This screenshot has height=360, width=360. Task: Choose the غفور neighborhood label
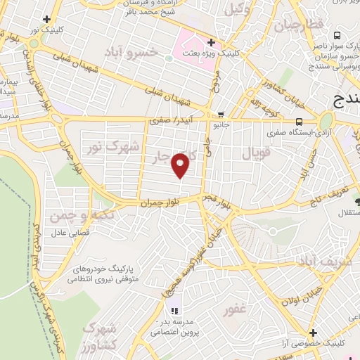[x=234, y=309]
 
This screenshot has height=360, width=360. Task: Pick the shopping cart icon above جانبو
[x=221, y=115]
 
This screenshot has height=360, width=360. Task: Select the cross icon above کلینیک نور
[x=46, y=20]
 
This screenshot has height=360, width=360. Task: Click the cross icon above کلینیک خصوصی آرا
[x=312, y=332]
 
